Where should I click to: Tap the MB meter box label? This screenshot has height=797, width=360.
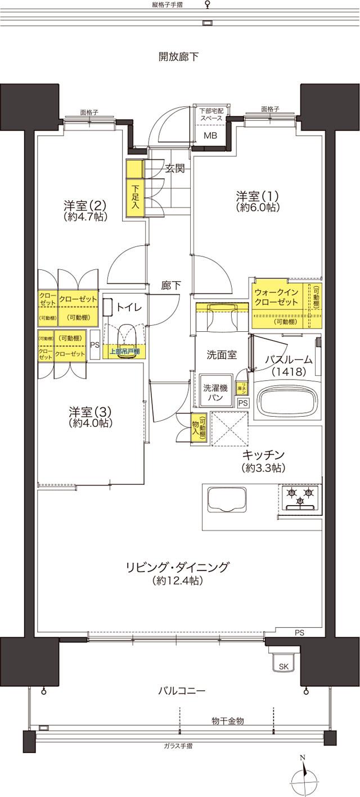pyautogui.click(x=210, y=136)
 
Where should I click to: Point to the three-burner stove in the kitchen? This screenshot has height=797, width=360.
pyautogui.click(x=300, y=498)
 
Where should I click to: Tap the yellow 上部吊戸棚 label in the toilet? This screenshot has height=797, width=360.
pyautogui.click(x=124, y=352)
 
